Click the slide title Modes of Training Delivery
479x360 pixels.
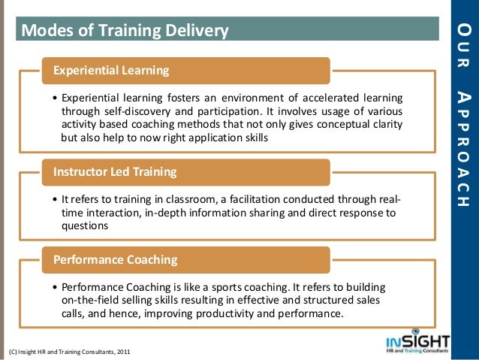(125, 31)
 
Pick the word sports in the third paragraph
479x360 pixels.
(244, 287)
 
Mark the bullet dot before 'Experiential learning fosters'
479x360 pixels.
(56, 98)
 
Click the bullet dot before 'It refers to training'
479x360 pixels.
(56, 200)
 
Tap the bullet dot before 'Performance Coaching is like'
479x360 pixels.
(56, 288)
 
